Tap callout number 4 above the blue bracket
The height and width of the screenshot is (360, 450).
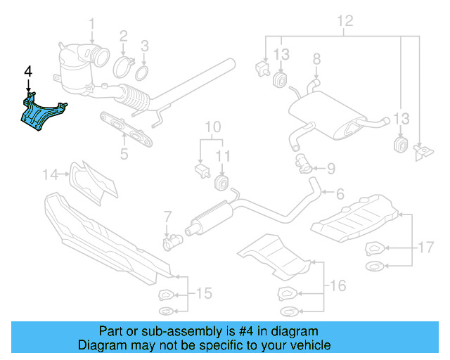click(x=28, y=72)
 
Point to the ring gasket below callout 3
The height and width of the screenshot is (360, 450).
click(x=143, y=73)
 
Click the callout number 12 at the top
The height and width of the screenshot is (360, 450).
click(x=343, y=21)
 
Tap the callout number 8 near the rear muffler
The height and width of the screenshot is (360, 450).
click(x=316, y=58)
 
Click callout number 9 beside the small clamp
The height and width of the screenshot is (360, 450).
click(x=332, y=168)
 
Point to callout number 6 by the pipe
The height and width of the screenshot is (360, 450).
click(x=340, y=193)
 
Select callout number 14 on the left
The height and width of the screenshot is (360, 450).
click(x=51, y=173)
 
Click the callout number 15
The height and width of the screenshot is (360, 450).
click(x=203, y=292)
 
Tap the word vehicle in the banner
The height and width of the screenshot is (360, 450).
click(x=309, y=345)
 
